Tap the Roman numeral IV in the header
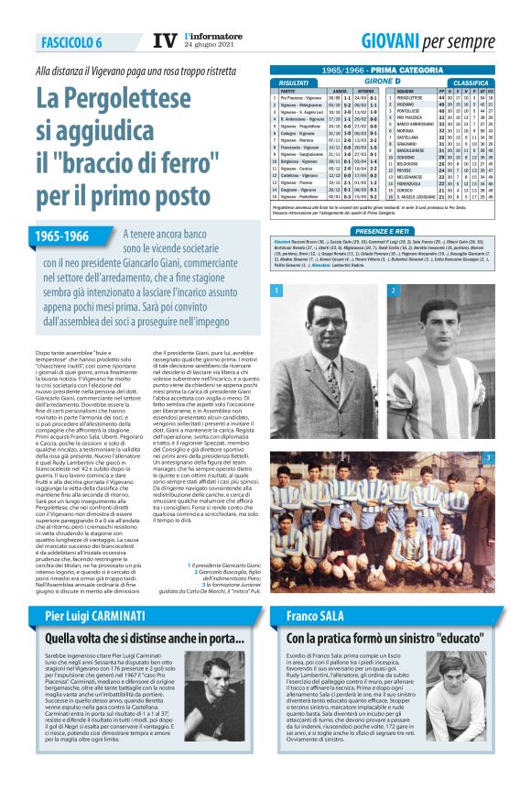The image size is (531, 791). pyautogui.click(x=164, y=41)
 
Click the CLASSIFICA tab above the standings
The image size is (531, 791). pyautogui.click(x=471, y=83)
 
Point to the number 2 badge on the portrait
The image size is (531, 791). pyautogui.click(x=393, y=291)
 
